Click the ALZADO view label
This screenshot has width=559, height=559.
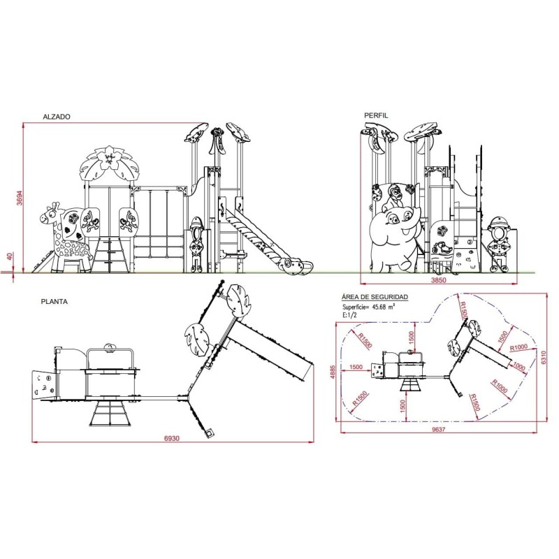[x=57, y=117]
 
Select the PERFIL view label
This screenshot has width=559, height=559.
[x=376, y=115]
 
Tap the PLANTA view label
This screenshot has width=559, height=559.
[x=55, y=302]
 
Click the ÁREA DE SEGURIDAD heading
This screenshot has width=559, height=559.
[x=375, y=297]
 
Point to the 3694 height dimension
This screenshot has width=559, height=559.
[x=20, y=198]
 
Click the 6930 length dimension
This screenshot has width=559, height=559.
[x=172, y=438]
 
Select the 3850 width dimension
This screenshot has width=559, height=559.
[x=439, y=280]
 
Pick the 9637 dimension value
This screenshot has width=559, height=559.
[x=439, y=429]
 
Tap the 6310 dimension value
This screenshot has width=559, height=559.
[x=544, y=358]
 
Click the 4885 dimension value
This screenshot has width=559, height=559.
[x=333, y=372]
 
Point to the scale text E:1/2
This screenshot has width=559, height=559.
[x=349, y=315]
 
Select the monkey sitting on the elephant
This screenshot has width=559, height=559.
[x=393, y=198]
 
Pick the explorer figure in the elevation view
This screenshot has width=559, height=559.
[x=196, y=244]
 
